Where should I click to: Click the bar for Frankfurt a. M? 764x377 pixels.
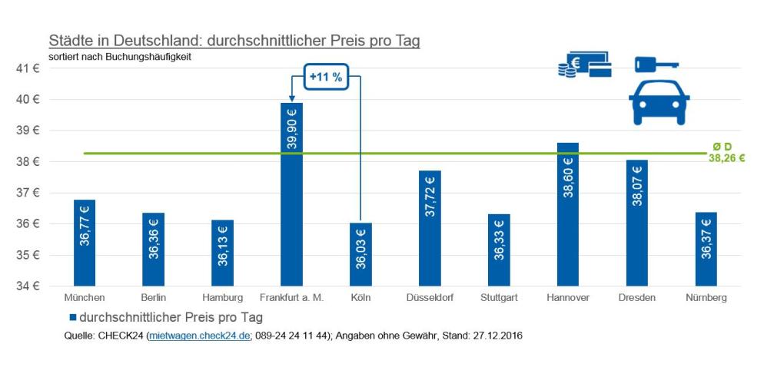(x=291, y=194)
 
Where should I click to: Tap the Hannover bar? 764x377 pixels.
(x=567, y=215)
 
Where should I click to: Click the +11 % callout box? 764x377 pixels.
(x=326, y=77)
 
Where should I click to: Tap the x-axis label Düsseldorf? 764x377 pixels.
(x=430, y=297)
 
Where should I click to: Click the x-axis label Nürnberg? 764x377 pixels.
(x=706, y=297)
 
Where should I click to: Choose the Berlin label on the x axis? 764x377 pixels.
(x=154, y=297)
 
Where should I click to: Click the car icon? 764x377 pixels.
(x=659, y=104)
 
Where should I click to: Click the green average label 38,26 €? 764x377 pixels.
(x=726, y=159)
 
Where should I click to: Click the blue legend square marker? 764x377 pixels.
(x=73, y=317)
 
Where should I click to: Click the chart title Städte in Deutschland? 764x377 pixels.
(x=234, y=41)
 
